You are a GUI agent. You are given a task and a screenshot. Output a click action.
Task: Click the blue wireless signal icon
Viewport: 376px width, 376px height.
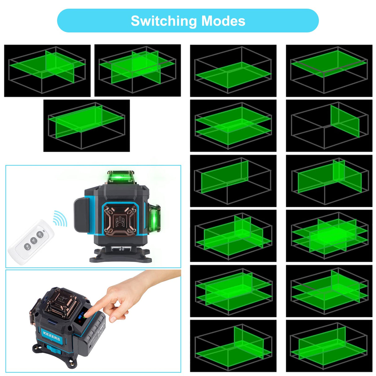coord(60,218)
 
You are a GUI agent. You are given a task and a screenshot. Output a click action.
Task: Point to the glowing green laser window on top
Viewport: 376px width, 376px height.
coord(121,177)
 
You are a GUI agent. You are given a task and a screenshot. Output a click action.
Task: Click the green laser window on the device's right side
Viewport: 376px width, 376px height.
coord(154,219)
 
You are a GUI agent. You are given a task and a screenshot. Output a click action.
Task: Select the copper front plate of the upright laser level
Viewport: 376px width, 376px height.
coord(120,220)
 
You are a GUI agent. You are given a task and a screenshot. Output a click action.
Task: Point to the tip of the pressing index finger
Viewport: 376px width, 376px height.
coord(86,311)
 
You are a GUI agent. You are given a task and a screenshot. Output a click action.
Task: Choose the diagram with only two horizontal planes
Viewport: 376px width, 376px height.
coord(233,125)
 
